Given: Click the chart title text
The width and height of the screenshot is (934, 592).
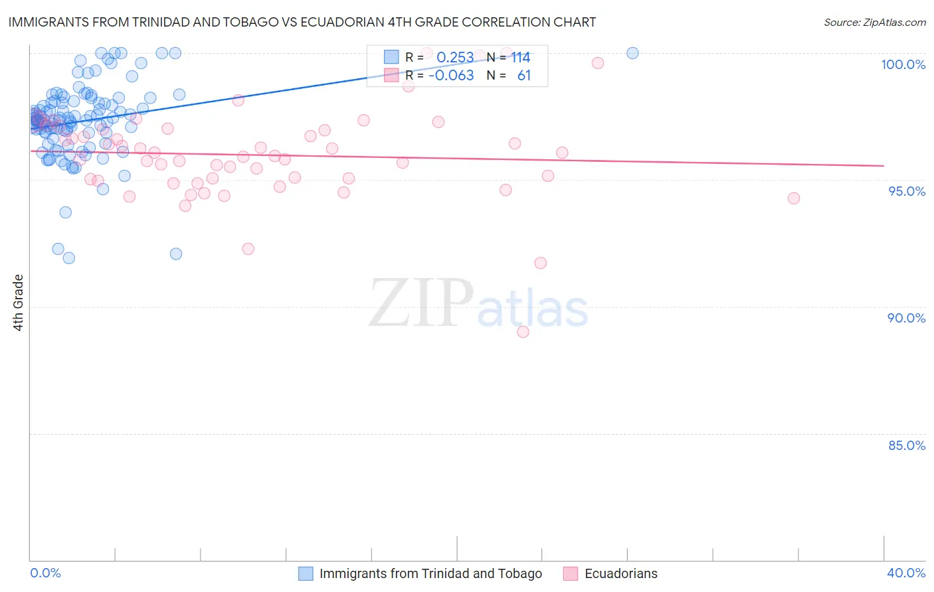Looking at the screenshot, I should point(302,22).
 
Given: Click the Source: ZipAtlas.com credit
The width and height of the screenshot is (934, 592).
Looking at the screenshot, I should point(874,22).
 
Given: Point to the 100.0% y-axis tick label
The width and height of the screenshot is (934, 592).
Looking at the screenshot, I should point(903,64).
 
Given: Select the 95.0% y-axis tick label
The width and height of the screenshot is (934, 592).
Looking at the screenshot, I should point(907,191).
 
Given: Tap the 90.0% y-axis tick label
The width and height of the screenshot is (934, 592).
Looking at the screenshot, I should point(906,318).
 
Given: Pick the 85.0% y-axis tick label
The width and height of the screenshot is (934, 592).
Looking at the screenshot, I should point(907,445).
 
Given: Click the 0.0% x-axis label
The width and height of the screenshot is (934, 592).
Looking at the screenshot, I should point(45,573).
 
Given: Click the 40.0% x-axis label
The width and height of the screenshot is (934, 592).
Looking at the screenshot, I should point(906,573).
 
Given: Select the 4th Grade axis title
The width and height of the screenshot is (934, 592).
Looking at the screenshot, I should point(19,303).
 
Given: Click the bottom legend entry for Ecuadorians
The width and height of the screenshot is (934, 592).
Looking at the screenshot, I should point(620,573).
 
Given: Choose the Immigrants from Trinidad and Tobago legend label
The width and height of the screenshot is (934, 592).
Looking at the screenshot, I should point(430,573).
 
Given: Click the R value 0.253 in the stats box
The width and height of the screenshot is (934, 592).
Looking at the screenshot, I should point(455,58).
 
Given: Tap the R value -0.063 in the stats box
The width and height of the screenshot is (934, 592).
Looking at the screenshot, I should point(451,75).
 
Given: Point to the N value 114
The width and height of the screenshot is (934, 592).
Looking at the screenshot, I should point(520,58).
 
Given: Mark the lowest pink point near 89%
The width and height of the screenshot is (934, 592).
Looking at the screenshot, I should point(523,332).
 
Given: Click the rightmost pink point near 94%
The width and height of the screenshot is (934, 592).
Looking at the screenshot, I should point(793,198).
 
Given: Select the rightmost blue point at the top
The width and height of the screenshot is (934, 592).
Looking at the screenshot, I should point(632,53).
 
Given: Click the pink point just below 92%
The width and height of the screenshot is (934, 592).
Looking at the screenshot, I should point(540,263).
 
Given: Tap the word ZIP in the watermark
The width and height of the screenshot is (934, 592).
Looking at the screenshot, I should point(421,303).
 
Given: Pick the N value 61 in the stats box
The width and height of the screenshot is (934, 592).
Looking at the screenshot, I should point(524,75).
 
